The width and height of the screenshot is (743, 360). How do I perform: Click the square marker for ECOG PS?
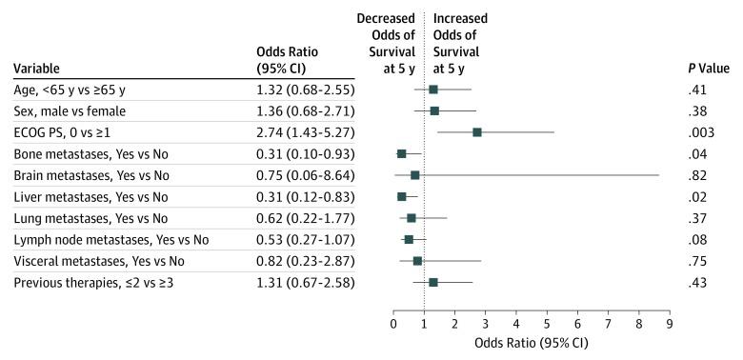(477, 132)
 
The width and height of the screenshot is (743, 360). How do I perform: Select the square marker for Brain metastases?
(415, 175)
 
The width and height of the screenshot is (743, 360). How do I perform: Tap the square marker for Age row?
(433, 90)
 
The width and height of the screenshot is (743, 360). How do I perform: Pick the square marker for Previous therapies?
(433, 282)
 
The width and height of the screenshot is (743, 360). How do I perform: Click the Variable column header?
(37, 68)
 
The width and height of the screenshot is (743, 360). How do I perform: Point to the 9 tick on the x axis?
(670, 325)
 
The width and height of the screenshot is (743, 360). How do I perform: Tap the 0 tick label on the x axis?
(393, 325)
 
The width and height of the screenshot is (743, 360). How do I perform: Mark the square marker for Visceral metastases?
(418, 261)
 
